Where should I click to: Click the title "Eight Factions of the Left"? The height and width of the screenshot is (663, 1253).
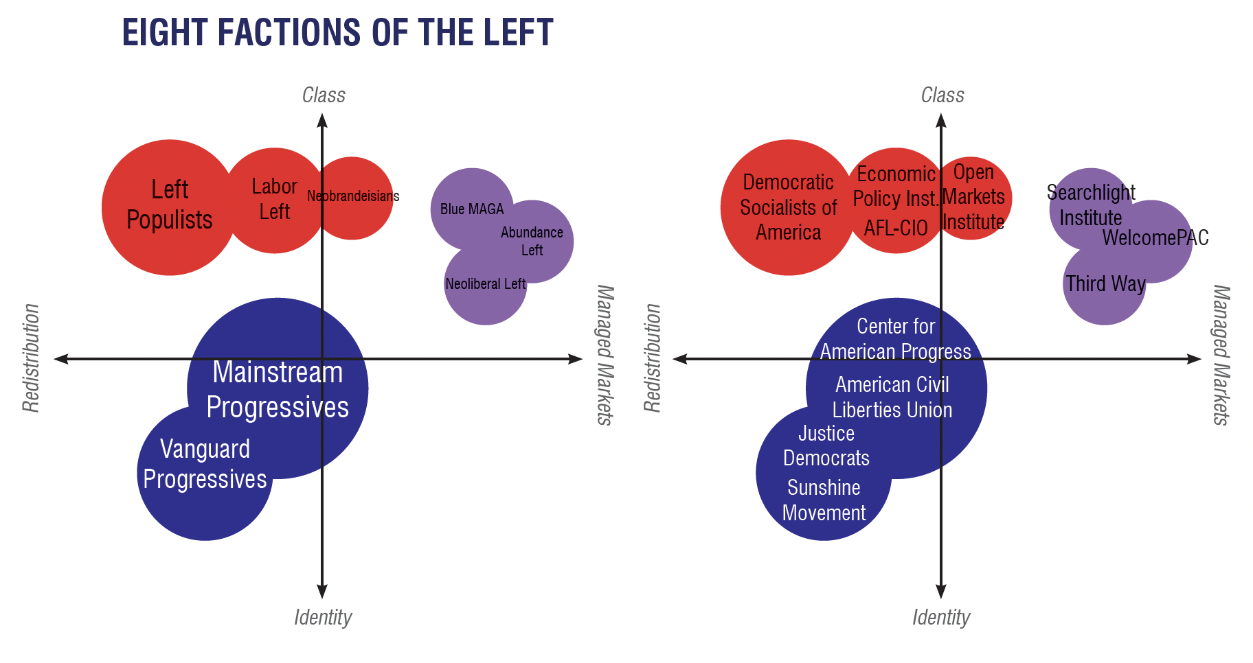337,33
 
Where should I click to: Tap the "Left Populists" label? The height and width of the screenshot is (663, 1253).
170,205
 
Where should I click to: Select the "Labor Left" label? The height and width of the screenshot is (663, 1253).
274,199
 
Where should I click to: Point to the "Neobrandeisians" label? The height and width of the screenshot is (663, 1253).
353,196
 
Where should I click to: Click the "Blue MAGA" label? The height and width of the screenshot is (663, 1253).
472,209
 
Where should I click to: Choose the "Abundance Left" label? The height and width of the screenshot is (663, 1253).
532,241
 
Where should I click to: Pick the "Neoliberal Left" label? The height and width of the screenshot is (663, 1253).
485,283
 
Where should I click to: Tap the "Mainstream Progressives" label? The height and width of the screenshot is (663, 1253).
278,389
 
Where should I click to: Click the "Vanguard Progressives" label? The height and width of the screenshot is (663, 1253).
205,464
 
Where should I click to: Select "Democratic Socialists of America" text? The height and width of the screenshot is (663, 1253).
789,207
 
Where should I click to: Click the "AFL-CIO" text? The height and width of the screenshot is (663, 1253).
896,228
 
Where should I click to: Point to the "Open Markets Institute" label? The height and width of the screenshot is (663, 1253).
973,197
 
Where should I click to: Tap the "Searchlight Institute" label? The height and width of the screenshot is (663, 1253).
1091,205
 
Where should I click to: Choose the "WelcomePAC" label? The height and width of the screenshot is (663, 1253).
1155,237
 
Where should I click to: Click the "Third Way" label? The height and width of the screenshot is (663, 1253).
1105,283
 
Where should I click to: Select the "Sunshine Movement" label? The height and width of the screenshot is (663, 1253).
824,500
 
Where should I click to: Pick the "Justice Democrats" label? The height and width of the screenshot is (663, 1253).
826,445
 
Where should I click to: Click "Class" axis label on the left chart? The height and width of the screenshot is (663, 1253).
324,95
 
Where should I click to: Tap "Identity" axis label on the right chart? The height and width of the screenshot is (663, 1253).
941,618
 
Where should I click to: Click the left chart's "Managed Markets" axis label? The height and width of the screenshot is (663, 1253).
604,356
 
